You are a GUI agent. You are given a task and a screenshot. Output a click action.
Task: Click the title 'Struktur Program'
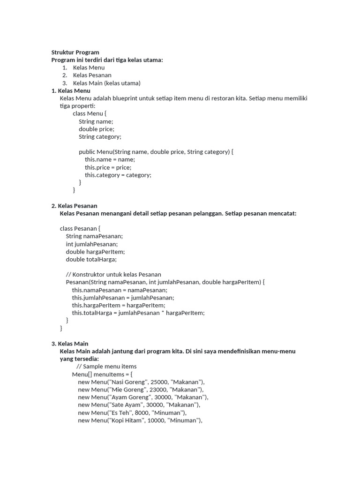coord(75,52)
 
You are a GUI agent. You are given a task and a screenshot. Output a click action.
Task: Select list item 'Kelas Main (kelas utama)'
coord(106,83)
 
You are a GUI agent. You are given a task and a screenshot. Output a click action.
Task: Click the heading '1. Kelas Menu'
coord(71,90)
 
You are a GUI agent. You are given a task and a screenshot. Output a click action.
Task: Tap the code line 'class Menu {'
coord(90,113)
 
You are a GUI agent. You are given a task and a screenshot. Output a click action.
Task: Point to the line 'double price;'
coord(96,129)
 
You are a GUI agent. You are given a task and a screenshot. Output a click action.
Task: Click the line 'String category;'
coord(100,136)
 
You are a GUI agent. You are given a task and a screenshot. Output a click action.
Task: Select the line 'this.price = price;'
coord(108,167)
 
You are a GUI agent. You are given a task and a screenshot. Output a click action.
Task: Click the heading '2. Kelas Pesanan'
coord(74,206)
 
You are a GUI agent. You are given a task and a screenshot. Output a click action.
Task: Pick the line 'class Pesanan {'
coord(80,228)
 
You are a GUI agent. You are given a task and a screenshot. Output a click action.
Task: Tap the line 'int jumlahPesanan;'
coord(91,244)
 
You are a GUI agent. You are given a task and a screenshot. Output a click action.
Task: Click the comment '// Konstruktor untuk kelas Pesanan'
coord(113,274)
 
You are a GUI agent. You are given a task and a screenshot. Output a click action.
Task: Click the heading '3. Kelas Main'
coord(70,344)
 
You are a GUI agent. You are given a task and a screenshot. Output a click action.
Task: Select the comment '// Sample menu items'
coord(106,366)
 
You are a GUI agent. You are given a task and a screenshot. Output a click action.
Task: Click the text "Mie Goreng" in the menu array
coord(126,389)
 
